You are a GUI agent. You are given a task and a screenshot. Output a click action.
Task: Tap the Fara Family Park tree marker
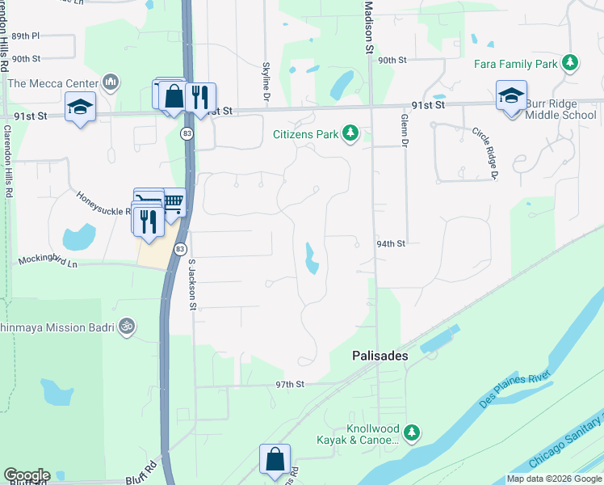[x=571, y=62]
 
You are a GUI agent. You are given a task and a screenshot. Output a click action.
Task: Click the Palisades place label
[x=380, y=355]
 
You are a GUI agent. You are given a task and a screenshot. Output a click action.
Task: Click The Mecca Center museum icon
[x=111, y=82]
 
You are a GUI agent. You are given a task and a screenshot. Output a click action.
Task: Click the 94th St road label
[x=389, y=243]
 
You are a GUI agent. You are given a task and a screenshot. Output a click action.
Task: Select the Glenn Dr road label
[x=402, y=130]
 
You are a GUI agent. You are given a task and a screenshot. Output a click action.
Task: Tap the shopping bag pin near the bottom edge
[x=275, y=458]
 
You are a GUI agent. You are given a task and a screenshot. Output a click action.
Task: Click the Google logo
[x=27, y=475]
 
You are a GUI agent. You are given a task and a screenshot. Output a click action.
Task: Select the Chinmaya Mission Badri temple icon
[x=126, y=326]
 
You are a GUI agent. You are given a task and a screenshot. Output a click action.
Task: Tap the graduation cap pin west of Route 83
[x=81, y=108]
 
